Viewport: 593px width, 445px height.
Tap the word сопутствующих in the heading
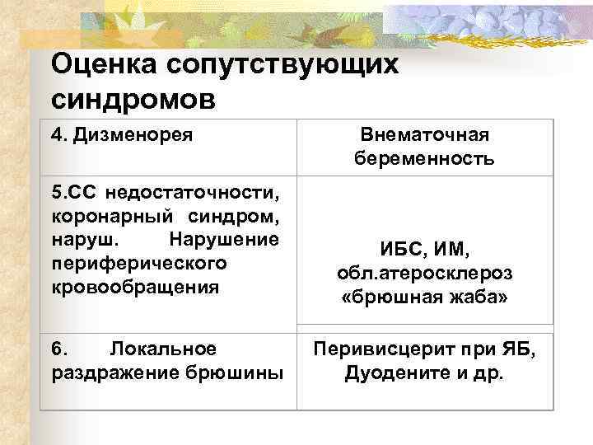point(281,64)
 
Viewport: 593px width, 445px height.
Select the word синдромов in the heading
point(134,99)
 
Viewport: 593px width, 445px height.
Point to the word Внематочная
point(425,134)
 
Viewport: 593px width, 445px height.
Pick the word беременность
point(425,158)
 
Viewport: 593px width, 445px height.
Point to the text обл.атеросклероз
point(425,272)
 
